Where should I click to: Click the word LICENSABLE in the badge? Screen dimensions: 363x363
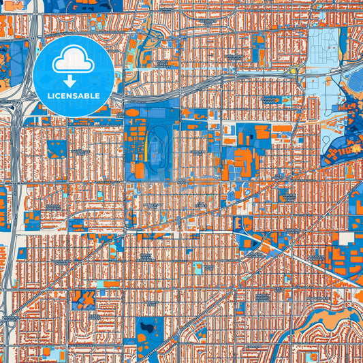tap(74, 96)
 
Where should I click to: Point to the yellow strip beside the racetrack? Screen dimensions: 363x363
tap(144, 140)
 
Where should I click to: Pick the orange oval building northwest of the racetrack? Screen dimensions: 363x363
tap(133, 112)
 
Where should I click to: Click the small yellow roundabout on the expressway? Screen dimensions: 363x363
tap(294, 70)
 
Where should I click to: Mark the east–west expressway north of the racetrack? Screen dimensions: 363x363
tap(204, 89)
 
